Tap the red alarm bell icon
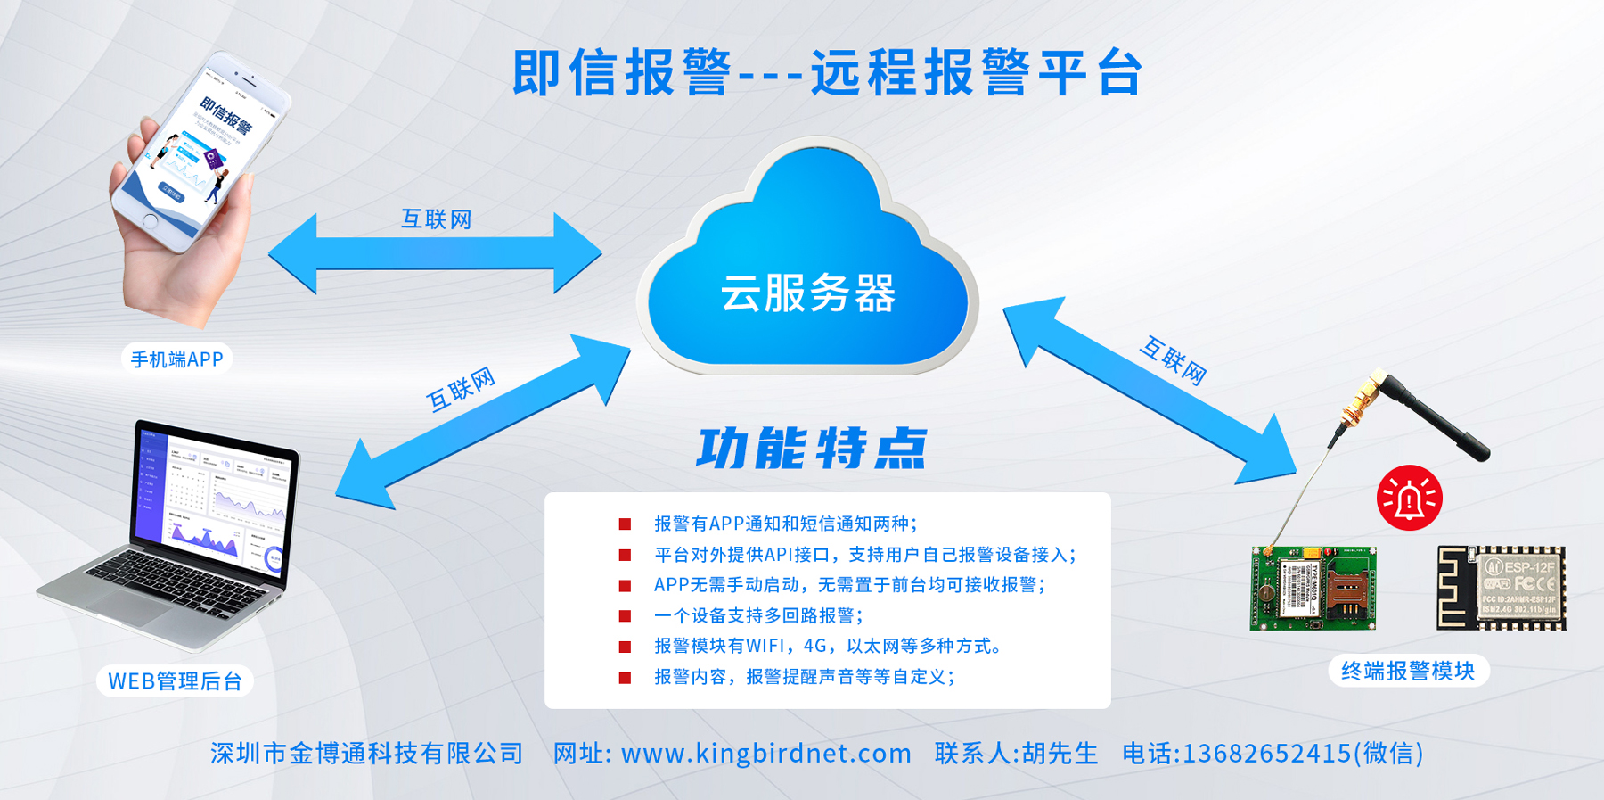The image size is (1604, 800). (x=1409, y=498)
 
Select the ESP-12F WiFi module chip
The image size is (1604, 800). (x=1502, y=589)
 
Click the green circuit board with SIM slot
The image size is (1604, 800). (x=1313, y=589)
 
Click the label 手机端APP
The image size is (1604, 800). (x=176, y=359)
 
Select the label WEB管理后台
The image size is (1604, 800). (x=175, y=681)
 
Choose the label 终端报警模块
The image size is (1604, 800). (x=1408, y=671)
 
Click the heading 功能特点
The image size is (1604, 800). (x=811, y=449)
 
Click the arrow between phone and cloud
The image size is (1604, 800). (x=435, y=254)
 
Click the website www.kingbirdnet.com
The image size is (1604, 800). (x=766, y=754)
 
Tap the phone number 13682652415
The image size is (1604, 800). (x=1265, y=754)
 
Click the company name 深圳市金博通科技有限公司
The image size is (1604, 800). (x=367, y=754)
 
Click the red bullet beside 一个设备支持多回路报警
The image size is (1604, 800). (x=625, y=615)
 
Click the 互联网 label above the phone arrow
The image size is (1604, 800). (x=436, y=219)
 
